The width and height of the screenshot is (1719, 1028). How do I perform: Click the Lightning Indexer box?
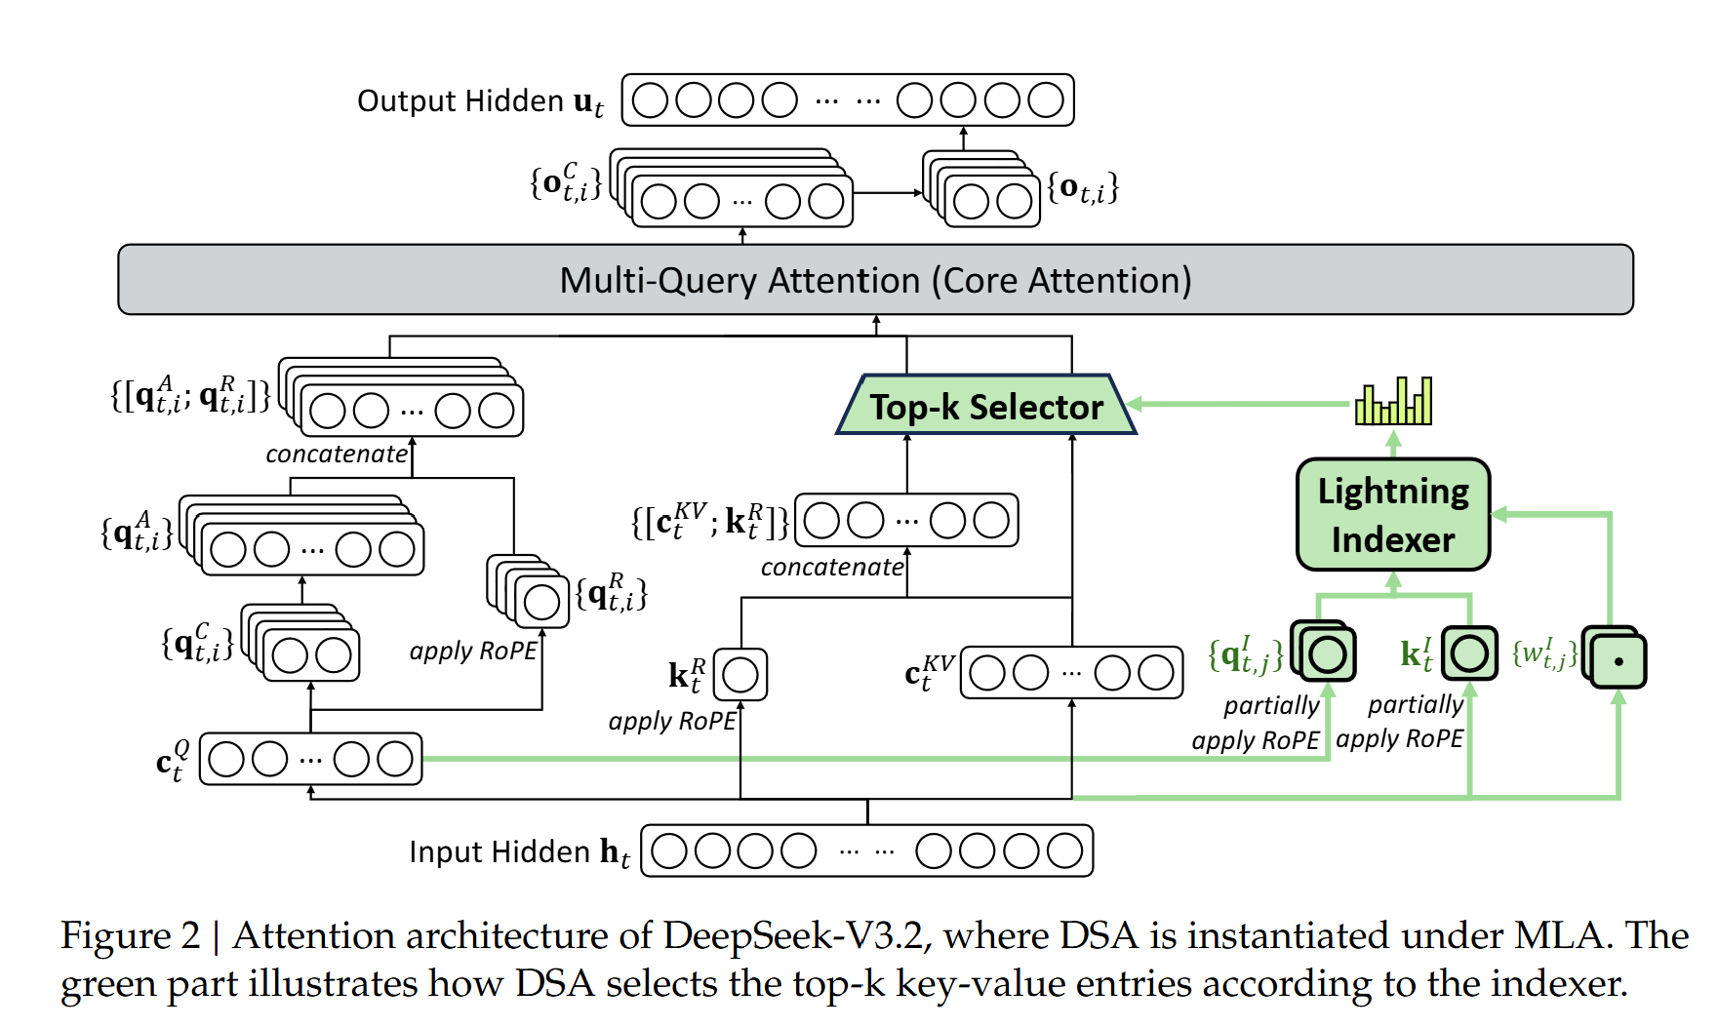pyautogui.click(x=1393, y=515)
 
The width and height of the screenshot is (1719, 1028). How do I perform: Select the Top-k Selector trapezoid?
pyautogui.click(x=986, y=405)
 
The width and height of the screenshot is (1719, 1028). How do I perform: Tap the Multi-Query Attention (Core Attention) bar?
pyautogui.click(x=875, y=280)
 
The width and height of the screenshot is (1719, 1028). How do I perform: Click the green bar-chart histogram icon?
pyautogui.click(x=1393, y=401)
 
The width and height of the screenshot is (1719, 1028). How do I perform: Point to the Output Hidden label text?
pyautogui.click(x=460, y=100)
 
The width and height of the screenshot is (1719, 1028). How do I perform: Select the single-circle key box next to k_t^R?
pyautogui.click(x=740, y=675)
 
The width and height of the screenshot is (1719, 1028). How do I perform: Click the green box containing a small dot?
pyautogui.click(x=1616, y=658)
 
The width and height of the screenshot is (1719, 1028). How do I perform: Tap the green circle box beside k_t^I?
pyautogui.click(x=1469, y=653)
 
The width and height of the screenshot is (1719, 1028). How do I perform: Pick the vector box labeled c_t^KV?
pyautogui.click(x=1072, y=672)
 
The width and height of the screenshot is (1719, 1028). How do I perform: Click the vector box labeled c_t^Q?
pyautogui.click(x=311, y=759)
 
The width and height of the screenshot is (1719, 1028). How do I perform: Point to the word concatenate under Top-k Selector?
pyautogui.click(x=832, y=567)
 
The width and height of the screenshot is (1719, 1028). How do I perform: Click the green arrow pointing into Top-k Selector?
pyautogui.click(x=1239, y=404)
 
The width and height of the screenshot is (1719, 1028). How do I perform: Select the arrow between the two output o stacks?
pyautogui.click(x=889, y=193)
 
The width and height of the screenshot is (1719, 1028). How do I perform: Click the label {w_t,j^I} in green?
pyautogui.click(x=1544, y=653)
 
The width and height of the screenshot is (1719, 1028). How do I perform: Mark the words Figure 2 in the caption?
pyautogui.click(x=131, y=935)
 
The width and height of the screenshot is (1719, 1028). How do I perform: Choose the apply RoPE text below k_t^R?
pyautogui.click(x=672, y=721)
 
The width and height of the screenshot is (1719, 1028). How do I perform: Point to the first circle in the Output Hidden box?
pyautogui.click(x=651, y=99)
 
